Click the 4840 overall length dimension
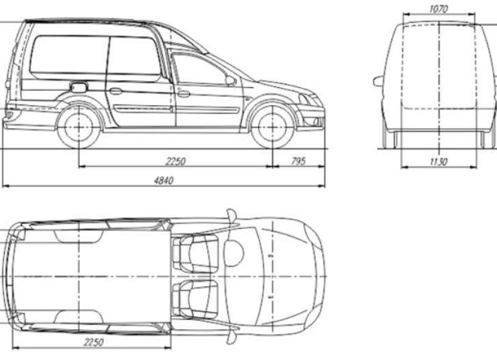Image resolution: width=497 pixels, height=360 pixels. (163, 181)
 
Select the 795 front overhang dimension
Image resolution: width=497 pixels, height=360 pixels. (298, 161)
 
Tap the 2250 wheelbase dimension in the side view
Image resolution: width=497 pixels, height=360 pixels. (175, 162)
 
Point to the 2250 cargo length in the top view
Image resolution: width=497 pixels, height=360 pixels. (93, 342)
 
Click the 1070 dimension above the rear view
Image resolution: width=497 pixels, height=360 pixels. (439, 9)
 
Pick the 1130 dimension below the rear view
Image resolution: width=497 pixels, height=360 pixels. (439, 162)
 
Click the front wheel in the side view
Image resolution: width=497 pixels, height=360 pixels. (273, 128)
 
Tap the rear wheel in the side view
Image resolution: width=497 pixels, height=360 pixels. (78, 128)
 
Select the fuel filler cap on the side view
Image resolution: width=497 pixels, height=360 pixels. (78, 87)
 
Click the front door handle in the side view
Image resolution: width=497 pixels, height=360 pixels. (183, 94)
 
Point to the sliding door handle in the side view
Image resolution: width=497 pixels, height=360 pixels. (115, 91)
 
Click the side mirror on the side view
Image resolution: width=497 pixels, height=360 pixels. (230, 80)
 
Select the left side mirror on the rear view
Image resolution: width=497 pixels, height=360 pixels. (378, 81)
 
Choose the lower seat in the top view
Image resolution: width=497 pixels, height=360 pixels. (195, 299)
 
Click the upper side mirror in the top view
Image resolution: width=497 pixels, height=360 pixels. (232, 216)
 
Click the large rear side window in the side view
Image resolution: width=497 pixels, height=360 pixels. (69, 58)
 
